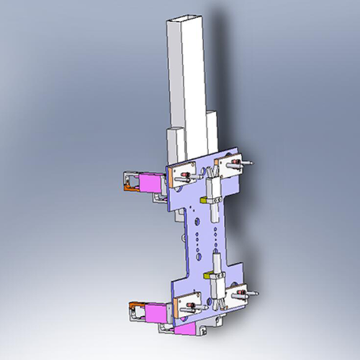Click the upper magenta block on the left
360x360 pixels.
151,183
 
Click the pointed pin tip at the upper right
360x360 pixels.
251,163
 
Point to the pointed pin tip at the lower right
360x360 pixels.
257,294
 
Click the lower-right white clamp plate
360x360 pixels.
238,294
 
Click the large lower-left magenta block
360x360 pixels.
154,312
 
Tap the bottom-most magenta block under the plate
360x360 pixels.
187,329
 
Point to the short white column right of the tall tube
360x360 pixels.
211,133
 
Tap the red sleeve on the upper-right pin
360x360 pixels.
238,165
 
